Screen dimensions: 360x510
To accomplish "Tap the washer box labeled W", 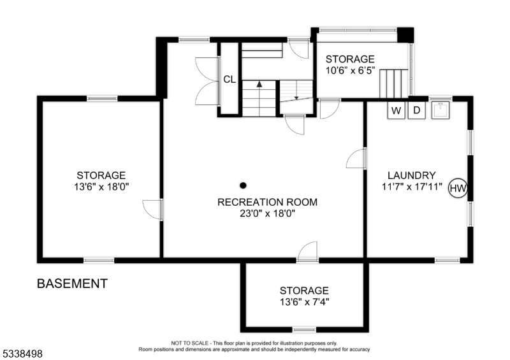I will [x=397, y=110].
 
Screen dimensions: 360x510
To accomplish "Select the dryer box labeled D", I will [x=417, y=110].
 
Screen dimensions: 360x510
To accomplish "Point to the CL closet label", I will [x=229, y=80].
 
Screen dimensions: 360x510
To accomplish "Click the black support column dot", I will [x=242, y=185].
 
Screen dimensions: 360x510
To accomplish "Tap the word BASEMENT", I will [x=72, y=284].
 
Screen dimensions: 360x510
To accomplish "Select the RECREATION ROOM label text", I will [x=267, y=203].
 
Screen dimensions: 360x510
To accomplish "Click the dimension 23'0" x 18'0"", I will [x=267, y=214].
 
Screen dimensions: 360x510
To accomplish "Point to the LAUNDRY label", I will [x=411, y=175].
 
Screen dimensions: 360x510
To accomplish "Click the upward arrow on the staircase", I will [x=259, y=83].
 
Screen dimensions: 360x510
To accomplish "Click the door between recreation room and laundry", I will [x=357, y=158].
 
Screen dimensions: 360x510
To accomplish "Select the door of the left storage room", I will [x=153, y=209].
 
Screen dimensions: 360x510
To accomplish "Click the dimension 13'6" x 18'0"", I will [x=101, y=187].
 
